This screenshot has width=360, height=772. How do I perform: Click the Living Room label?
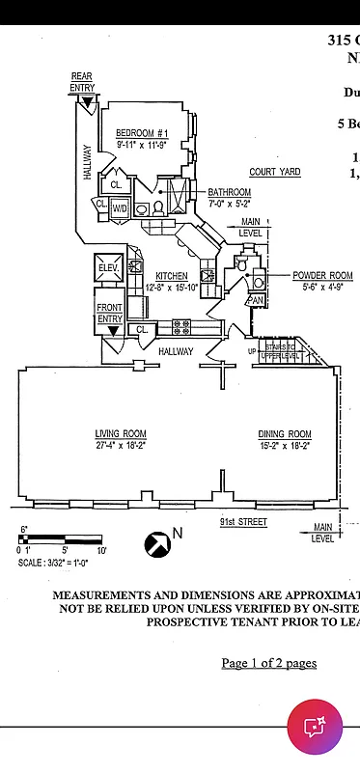(x=121, y=433)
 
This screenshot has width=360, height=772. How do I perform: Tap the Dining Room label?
(x=285, y=433)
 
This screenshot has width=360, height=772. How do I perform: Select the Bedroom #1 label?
(x=143, y=133)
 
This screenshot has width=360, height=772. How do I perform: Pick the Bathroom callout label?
(x=230, y=192)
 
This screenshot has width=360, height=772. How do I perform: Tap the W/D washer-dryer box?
(x=121, y=207)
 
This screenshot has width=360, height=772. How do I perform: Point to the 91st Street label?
(x=243, y=523)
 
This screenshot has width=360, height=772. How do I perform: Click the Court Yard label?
(x=275, y=172)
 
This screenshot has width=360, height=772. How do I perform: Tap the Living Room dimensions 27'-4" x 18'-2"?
(x=121, y=446)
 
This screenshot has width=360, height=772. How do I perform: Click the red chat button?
(x=315, y=727)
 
